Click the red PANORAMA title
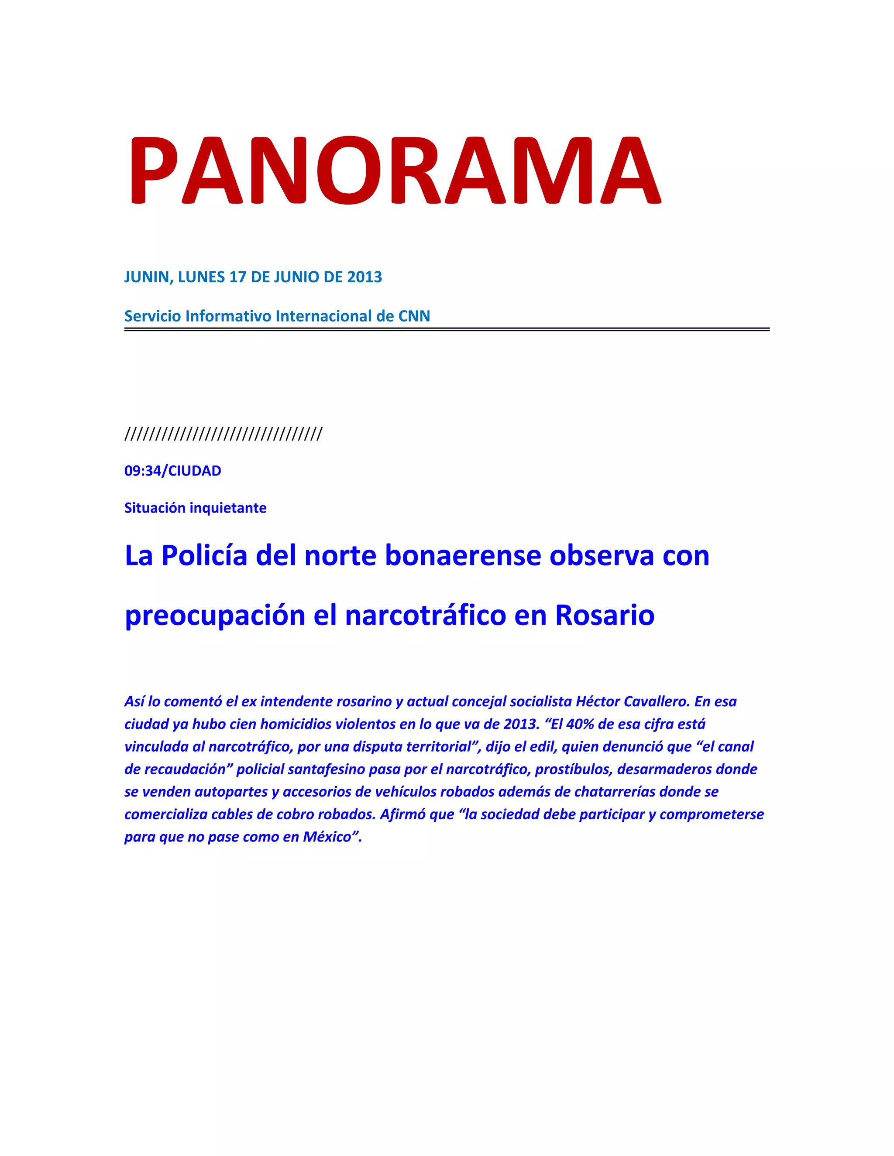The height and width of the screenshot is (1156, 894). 394,171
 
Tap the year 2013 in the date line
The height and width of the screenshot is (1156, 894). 364,277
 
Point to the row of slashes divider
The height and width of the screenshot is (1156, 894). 223,434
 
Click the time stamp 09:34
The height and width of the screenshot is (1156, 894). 144,471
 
